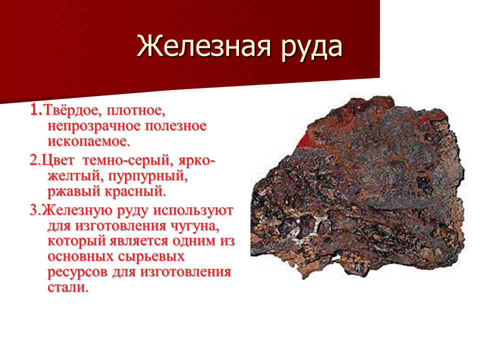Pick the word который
74,241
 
